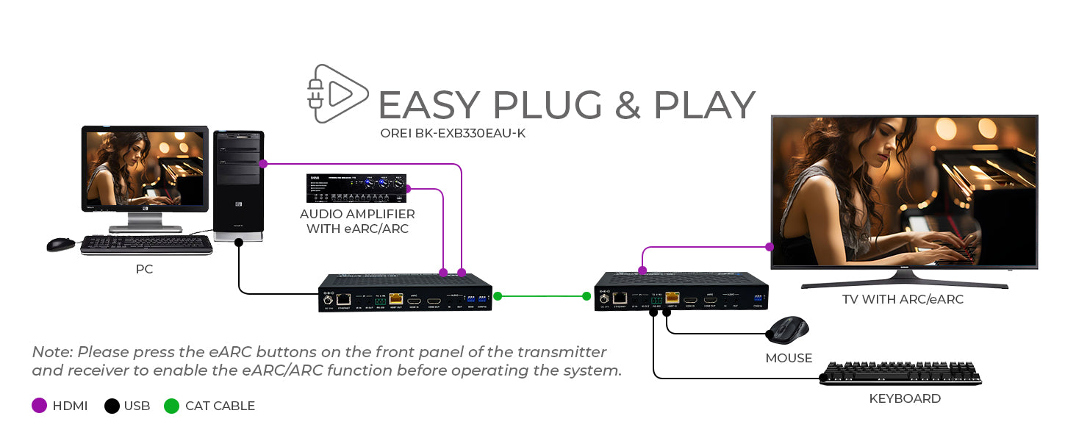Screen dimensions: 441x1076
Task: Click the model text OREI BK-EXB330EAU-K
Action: [x=453, y=134]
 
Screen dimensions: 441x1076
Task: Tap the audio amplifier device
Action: [x=356, y=189]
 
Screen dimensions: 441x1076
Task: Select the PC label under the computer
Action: [x=144, y=270]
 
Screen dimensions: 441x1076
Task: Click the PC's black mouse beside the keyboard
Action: [x=61, y=245]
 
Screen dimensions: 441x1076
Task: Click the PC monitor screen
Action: [x=145, y=169]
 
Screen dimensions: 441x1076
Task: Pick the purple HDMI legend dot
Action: [x=40, y=406]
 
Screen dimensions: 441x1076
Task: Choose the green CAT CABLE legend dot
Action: [x=171, y=406]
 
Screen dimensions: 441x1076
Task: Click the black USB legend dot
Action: [x=112, y=406]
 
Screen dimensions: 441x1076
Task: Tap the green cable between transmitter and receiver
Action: [x=542, y=296]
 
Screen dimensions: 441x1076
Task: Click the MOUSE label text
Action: [x=789, y=359]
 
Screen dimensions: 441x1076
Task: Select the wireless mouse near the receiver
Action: [x=788, y=330]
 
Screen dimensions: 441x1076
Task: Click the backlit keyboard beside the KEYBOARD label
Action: [x=900, y=373]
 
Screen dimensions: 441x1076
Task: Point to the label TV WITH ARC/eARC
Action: [x=903, y=300]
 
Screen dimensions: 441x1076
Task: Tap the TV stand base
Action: [x=904, y=282]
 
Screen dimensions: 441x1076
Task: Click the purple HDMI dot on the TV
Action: [x=770, y=247]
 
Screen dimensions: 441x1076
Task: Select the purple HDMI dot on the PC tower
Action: [x=263, y=164]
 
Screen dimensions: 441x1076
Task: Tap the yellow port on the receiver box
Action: [x=671, y=298]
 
